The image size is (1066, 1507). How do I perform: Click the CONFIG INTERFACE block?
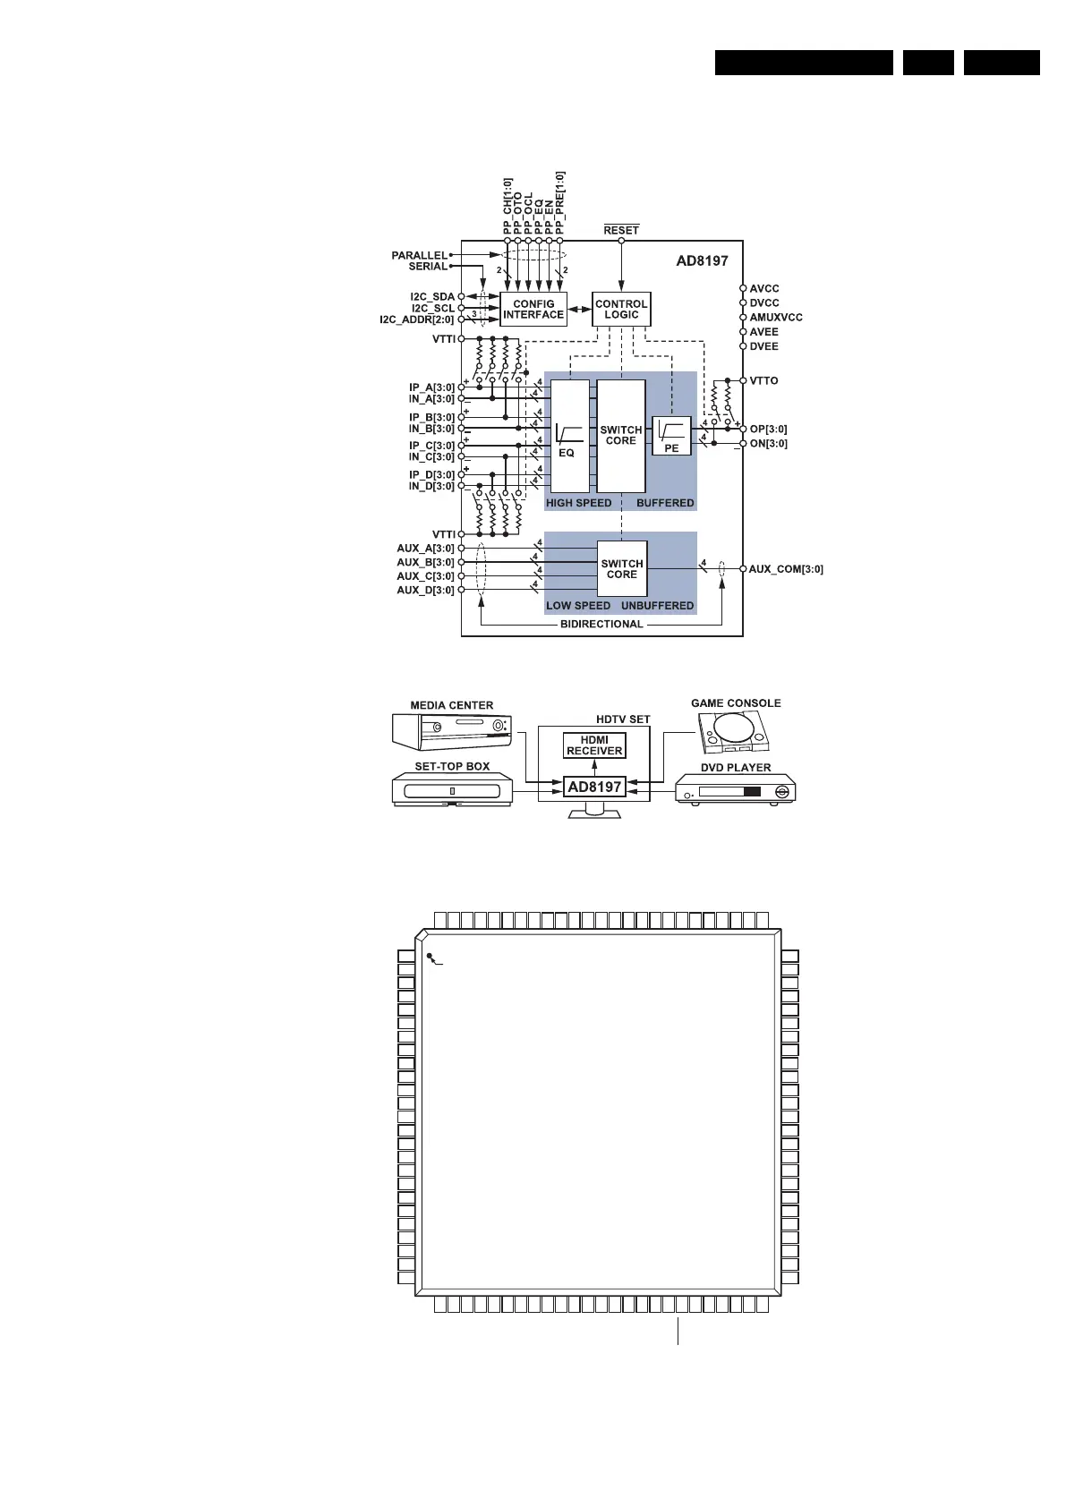tap(533, 309)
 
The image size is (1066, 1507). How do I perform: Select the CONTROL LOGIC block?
tap(621, 309)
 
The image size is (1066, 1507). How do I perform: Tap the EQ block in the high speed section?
tap(570, 436)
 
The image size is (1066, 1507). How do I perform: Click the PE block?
tap(671, 436)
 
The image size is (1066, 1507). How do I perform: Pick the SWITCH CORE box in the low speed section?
tap(622, 568)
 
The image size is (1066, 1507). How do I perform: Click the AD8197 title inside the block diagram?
tap(702, 261)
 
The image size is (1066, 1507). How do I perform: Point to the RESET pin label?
tap(621, 230)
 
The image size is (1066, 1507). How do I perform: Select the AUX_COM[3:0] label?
tap(785, 569)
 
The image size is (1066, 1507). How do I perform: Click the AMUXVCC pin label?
tap(776, 318)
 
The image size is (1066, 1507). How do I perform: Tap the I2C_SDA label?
tap(432, 297)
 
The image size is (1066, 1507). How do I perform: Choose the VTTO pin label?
tap(763, 381)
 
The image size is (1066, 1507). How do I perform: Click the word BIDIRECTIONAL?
tap(601, 625)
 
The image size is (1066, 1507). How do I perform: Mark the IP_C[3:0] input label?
tap(431, 446)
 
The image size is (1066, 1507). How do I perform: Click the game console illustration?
tap(734, 733)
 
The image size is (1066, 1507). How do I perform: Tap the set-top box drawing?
tap(452, 790)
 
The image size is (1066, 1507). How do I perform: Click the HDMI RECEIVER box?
tap(594, 745)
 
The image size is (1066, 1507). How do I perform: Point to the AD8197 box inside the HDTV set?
tap(594, 787)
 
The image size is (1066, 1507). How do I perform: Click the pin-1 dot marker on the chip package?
tap(430, 956)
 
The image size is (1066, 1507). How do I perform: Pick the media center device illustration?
tap(452, 732)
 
